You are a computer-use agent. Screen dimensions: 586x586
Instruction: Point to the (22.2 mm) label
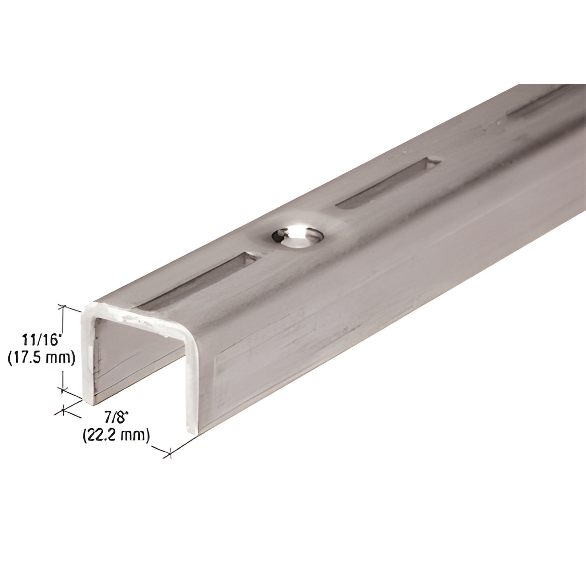116,436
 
